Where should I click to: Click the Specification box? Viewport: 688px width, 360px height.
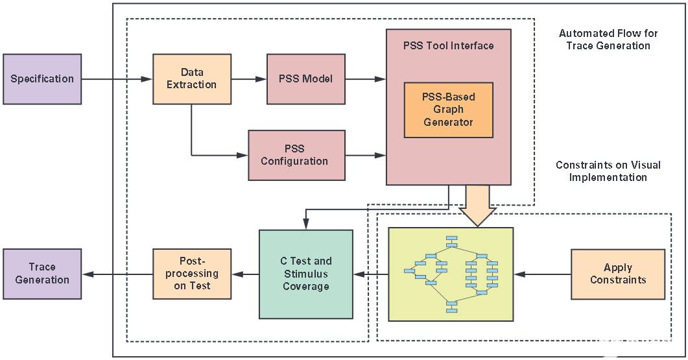[x=42, y=79]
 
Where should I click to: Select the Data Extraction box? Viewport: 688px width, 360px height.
[x=192, y=79]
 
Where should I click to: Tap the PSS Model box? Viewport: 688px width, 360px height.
[x=306, y=79]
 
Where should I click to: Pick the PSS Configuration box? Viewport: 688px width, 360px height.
[x=296, y=155]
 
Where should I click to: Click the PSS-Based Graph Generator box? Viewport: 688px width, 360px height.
[x=449, y=110]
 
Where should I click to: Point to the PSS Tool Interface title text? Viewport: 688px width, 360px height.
[x=449, y=45]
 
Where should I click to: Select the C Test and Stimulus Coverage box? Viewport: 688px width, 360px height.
[x=306, y=274]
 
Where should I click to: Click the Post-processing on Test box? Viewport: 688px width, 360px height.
[x=192, y=274]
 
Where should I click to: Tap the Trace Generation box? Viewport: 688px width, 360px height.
[x=42, y=274]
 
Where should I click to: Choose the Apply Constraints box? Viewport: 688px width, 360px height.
[x=618, y=274]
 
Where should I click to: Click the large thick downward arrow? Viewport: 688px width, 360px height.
[x=477, y=206]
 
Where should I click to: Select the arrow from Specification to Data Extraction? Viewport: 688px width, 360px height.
[x=117, y=79]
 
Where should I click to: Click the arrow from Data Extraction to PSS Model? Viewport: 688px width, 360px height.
[x=249, y=79]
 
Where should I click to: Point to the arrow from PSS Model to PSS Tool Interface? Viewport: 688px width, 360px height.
[x=366, y=79]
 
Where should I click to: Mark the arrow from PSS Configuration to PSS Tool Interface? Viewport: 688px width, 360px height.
[x=366, y=155]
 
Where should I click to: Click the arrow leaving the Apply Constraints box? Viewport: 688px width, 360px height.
[x=542, y=274]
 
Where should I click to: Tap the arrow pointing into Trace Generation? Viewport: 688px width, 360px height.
[x=117, y=274]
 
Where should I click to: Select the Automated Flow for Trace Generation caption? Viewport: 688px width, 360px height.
[x=608, y=40]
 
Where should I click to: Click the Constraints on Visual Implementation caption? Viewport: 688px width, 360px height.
[x=608, y=171]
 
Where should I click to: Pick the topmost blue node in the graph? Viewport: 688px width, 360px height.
[x=451, y=239]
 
